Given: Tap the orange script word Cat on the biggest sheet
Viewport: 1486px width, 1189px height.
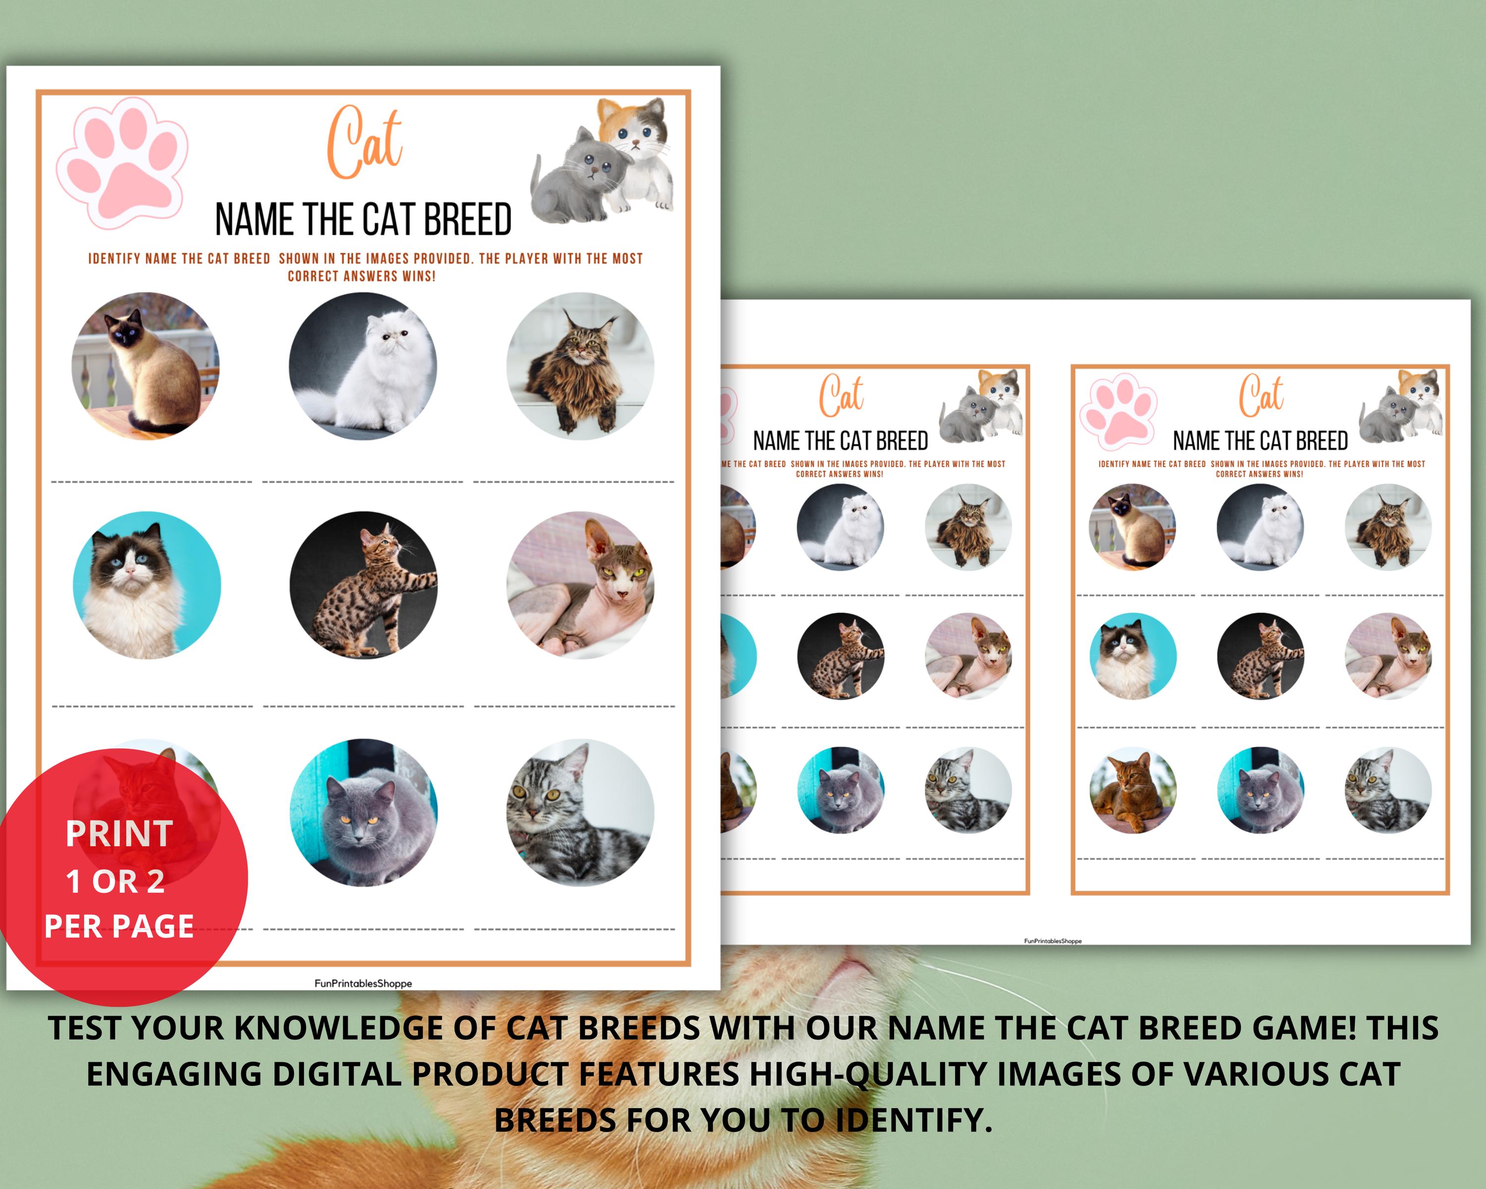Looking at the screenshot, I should pos(364,143).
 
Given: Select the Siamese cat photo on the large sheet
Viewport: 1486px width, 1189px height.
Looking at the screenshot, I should pos(146,365).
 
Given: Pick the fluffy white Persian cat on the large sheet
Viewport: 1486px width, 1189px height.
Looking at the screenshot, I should pos(363,365).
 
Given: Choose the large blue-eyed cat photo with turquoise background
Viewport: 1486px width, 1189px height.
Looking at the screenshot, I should pos(147,585).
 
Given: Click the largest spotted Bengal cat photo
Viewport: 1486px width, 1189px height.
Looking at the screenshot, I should pos(363,585).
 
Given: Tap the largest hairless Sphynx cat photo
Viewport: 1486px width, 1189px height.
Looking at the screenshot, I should pos(581,585).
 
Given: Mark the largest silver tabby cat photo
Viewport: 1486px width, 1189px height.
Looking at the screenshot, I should pos(581,813).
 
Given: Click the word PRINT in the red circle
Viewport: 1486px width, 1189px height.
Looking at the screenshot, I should pos(119,834).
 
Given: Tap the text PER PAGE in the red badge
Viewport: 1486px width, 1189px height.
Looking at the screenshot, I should pos(119,926).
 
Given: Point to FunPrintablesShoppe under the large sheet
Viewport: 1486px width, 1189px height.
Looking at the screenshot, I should pos(363,983).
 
